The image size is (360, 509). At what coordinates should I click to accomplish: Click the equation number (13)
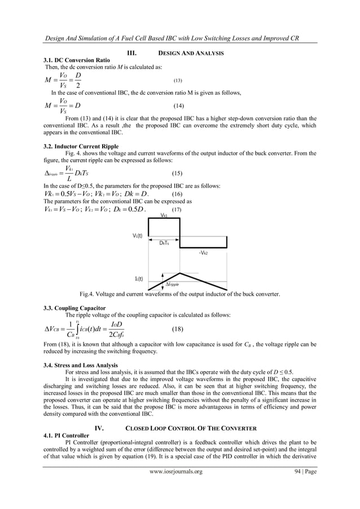(177, 81)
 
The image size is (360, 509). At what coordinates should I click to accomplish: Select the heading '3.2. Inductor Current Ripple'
(77, 146)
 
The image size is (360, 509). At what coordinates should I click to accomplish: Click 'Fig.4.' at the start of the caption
(89, 294)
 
